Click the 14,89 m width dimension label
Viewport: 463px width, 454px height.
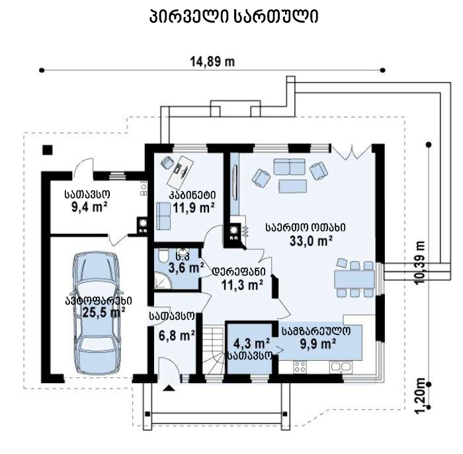[212, 62]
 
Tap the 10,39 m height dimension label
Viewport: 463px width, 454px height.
[421, 262]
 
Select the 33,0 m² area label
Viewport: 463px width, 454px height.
[311, 241]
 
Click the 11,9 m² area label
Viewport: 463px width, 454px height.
[193, 208]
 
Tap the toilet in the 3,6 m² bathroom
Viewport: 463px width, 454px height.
[163, 256]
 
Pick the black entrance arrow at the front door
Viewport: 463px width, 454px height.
[169, 388]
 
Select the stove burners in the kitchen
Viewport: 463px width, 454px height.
[300, 367]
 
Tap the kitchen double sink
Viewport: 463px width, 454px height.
[341, 367]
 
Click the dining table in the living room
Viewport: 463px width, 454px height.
[355, 279]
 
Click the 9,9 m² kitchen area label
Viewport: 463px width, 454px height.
[317, 344]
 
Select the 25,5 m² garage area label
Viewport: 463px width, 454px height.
[103, 312]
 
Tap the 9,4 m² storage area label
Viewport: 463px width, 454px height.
[89, 207]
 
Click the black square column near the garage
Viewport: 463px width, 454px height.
[48, 150]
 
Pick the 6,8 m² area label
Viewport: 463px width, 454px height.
[177, 335]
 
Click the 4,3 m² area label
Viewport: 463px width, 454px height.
[251, 344]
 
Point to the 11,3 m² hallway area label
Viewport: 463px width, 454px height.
[242, 285]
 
